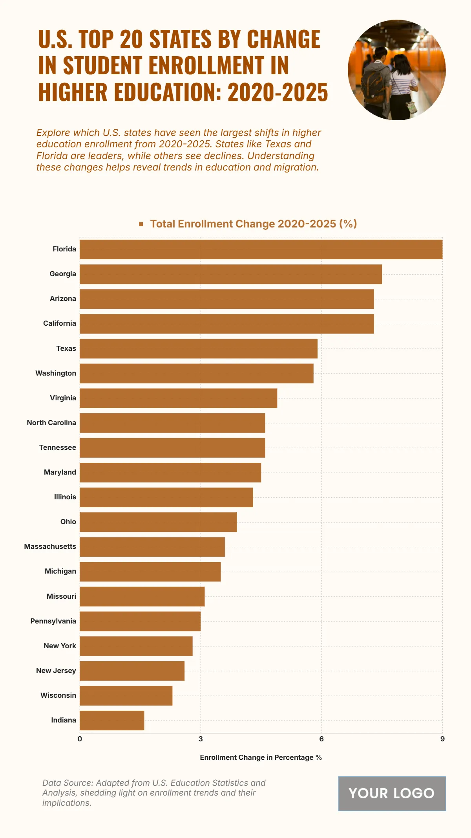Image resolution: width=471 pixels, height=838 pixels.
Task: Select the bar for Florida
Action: click(261, 249)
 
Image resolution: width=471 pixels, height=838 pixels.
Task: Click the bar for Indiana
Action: click(112, 720)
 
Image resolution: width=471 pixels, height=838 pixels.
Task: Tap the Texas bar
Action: click(198, 348)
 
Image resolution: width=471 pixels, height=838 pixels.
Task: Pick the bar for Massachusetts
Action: click(152, 546)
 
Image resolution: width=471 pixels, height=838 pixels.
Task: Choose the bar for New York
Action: click(136, 646)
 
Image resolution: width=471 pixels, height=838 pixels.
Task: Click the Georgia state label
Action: click(63, 274)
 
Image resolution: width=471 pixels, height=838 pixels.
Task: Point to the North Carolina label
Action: click(51, 423)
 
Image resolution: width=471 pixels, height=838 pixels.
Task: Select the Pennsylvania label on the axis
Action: click(53, 621)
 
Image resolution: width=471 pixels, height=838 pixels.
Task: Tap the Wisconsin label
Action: click(58, 695)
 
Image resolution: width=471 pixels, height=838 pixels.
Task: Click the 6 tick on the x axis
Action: click(321, 739)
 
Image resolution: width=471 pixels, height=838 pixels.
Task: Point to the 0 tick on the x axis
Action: click(80, 739)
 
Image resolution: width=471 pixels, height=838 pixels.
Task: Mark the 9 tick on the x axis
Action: click(442, 739)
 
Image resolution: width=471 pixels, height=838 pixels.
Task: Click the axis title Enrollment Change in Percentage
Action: click(261, 757)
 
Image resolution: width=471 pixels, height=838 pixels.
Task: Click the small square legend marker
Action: click(141, 224)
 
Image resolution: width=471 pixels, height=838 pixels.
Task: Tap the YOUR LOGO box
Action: click(392, 793)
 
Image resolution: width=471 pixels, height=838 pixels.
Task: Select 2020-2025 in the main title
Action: click(277, 92)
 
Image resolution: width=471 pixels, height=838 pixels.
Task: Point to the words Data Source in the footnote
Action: click(67, 783)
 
